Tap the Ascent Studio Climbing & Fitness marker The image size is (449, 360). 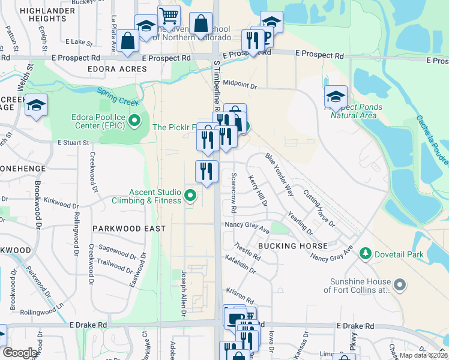click(190, 195)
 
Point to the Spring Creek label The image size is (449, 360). click(118, 95)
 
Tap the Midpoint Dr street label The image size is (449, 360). click(240, 85)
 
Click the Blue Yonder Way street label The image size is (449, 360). click(280, 175)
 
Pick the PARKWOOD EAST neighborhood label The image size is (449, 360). click(129, 229)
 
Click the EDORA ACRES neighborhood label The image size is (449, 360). click(117, 69)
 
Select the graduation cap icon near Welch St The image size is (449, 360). click(37, 105)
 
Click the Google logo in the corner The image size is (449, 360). click(20, 353)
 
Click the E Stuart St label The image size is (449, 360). click(73, 143)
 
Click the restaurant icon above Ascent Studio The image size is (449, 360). click(206, 171)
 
